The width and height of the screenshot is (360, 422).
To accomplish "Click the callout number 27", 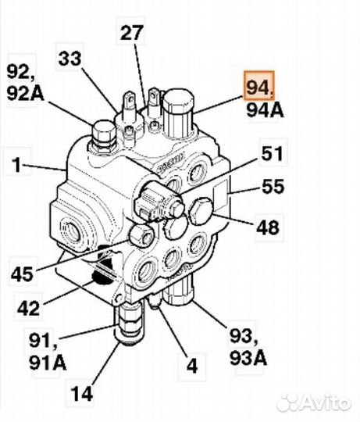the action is click(131, 33).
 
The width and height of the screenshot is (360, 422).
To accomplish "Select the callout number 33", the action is click(70, 59).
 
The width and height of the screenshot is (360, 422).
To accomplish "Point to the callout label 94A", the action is click(265, 110).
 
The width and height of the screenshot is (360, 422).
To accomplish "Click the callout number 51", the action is click(272, 153).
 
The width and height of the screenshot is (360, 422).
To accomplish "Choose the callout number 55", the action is click(273, 186).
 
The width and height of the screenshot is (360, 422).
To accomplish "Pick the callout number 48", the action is click(268, 227).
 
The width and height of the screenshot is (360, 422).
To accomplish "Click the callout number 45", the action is click(23, 274).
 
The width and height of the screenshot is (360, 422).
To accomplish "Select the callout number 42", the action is click(28, 308).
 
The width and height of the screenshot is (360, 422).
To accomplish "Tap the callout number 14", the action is click(82, 394).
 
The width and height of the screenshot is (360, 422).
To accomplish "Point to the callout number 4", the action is click(192, 366).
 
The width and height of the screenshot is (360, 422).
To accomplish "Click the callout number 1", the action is click(17, 165).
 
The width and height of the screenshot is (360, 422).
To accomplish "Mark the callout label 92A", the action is click(26, 93).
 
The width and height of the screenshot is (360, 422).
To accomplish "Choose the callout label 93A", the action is click(248, 358).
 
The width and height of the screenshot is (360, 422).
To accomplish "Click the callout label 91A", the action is click(48, 363).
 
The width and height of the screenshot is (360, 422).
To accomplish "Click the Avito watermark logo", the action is click(315, 403).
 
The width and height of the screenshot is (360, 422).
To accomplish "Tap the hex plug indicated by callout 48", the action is click(201, 212).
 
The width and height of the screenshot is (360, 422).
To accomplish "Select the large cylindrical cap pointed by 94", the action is click(178, 113).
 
